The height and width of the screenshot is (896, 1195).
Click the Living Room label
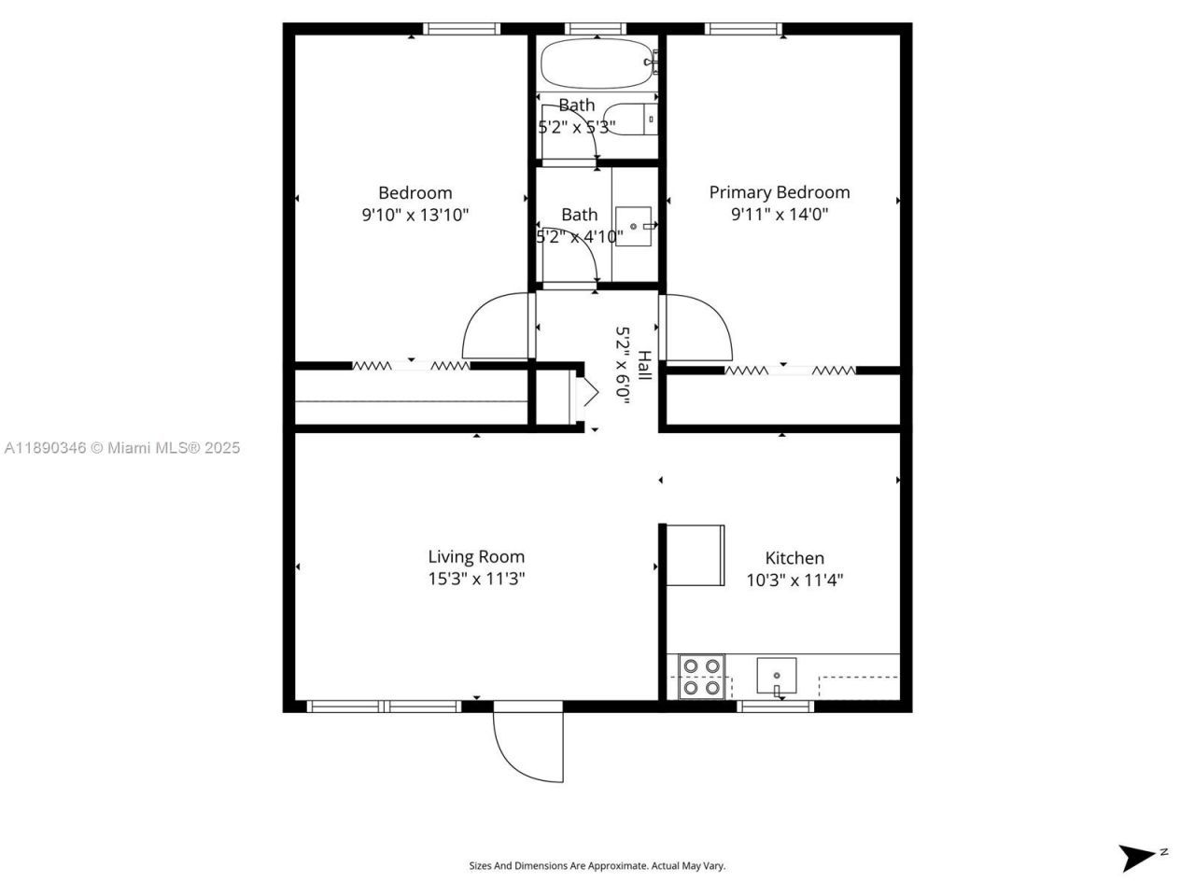click(x=476, y=556)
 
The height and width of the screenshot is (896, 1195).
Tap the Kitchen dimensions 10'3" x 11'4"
click(x=794, y=580)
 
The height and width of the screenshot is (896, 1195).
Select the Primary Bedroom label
click(x=780, y=192)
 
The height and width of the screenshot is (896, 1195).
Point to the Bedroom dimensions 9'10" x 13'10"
click(x=415, y=215)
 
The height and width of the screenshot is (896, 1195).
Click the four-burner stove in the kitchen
click(x=701, y=677)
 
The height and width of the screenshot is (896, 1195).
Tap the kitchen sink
click(x=776, y=675)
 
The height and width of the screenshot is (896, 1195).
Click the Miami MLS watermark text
click(x=121, y=448)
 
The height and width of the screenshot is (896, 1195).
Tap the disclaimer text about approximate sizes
click(x=597, y=866)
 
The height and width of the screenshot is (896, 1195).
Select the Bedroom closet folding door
click(x=411, y=366)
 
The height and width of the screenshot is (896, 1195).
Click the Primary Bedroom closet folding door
click(x=790, y=371)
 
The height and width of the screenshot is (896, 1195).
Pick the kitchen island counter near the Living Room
click(x=695, y=554)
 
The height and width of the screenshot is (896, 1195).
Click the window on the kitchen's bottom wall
click(x=776, y=706)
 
